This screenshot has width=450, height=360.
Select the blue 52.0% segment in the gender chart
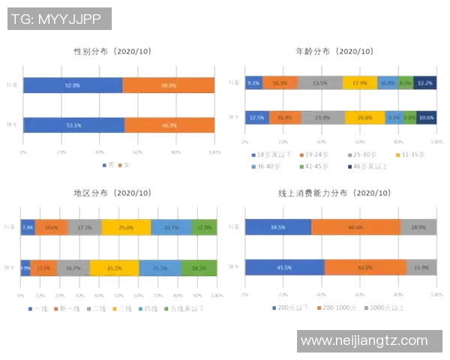pos(73,85)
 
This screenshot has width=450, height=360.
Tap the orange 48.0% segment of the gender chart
pos(168,85)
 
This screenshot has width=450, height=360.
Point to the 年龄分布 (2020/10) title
pos(334,52)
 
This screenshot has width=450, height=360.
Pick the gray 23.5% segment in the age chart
pos(320,83)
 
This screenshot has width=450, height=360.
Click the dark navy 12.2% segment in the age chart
pos(424,83)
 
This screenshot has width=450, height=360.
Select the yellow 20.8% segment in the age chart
pos(365,118)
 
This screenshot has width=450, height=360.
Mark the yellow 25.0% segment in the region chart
pos(126,227)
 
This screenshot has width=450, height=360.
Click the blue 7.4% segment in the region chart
pos(28,227)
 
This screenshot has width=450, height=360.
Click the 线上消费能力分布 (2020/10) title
pos(334,193)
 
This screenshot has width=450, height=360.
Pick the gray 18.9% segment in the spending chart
pos(419,227)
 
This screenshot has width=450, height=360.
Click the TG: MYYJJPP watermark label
pos(60,19)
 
